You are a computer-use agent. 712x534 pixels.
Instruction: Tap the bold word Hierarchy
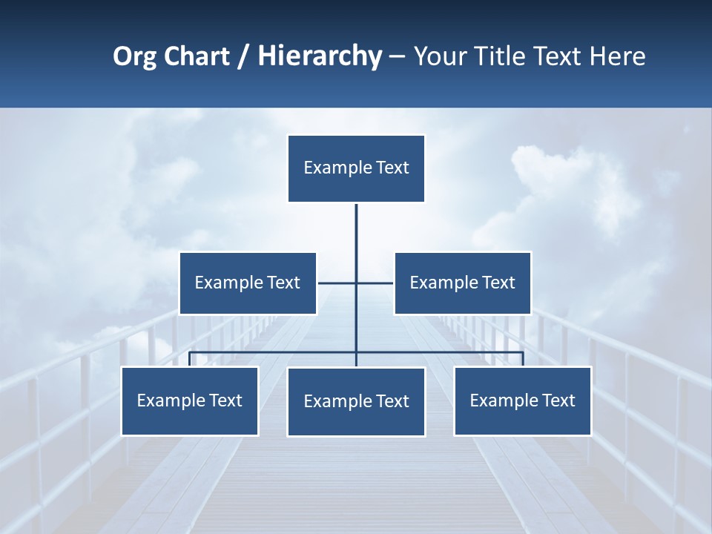tap(320, 56)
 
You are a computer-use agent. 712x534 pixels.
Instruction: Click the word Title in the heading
tap(504, 56)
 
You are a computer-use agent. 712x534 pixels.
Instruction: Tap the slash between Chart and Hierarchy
tap(243, 57)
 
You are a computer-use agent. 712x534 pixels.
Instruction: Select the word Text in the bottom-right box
tap(558, 400)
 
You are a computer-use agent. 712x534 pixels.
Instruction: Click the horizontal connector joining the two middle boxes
tap(337, 283)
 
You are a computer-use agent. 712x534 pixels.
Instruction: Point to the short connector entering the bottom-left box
tap(189, 360)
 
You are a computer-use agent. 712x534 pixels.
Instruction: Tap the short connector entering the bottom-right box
tap(523, 360)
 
